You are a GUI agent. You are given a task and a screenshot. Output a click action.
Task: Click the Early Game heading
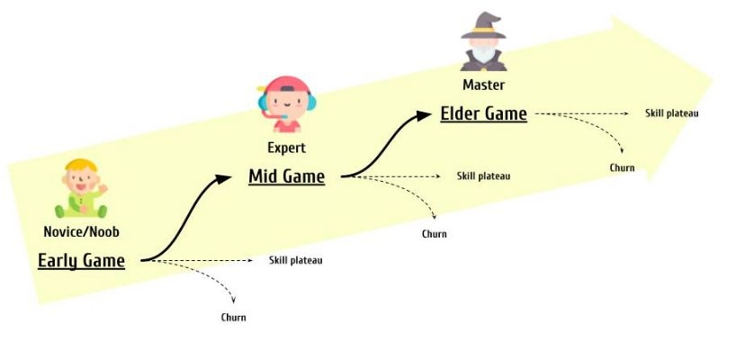point(81,261)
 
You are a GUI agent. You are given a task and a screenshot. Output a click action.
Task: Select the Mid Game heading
point(286,176)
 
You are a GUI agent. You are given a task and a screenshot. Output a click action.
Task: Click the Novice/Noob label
point(81,232)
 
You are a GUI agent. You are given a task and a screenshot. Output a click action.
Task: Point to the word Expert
point(286,148)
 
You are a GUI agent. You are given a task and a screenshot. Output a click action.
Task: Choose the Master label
point(483,85)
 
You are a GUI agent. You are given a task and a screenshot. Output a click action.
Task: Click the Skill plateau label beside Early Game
point(295,260)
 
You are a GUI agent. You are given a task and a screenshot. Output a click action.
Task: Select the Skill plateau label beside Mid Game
point(483,176)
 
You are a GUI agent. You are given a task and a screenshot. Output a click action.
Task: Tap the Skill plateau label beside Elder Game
point(671,113)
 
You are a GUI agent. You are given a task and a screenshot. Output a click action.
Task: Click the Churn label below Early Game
point(233,318)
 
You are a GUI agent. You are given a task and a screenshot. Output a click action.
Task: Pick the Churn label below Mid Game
point(434,234)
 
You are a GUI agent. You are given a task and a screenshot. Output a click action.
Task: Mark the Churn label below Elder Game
point(622,168)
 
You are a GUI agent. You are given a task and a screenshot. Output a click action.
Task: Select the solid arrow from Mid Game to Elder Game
point(382,144)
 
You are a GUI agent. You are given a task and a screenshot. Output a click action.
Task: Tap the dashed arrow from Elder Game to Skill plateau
point(580,114)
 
